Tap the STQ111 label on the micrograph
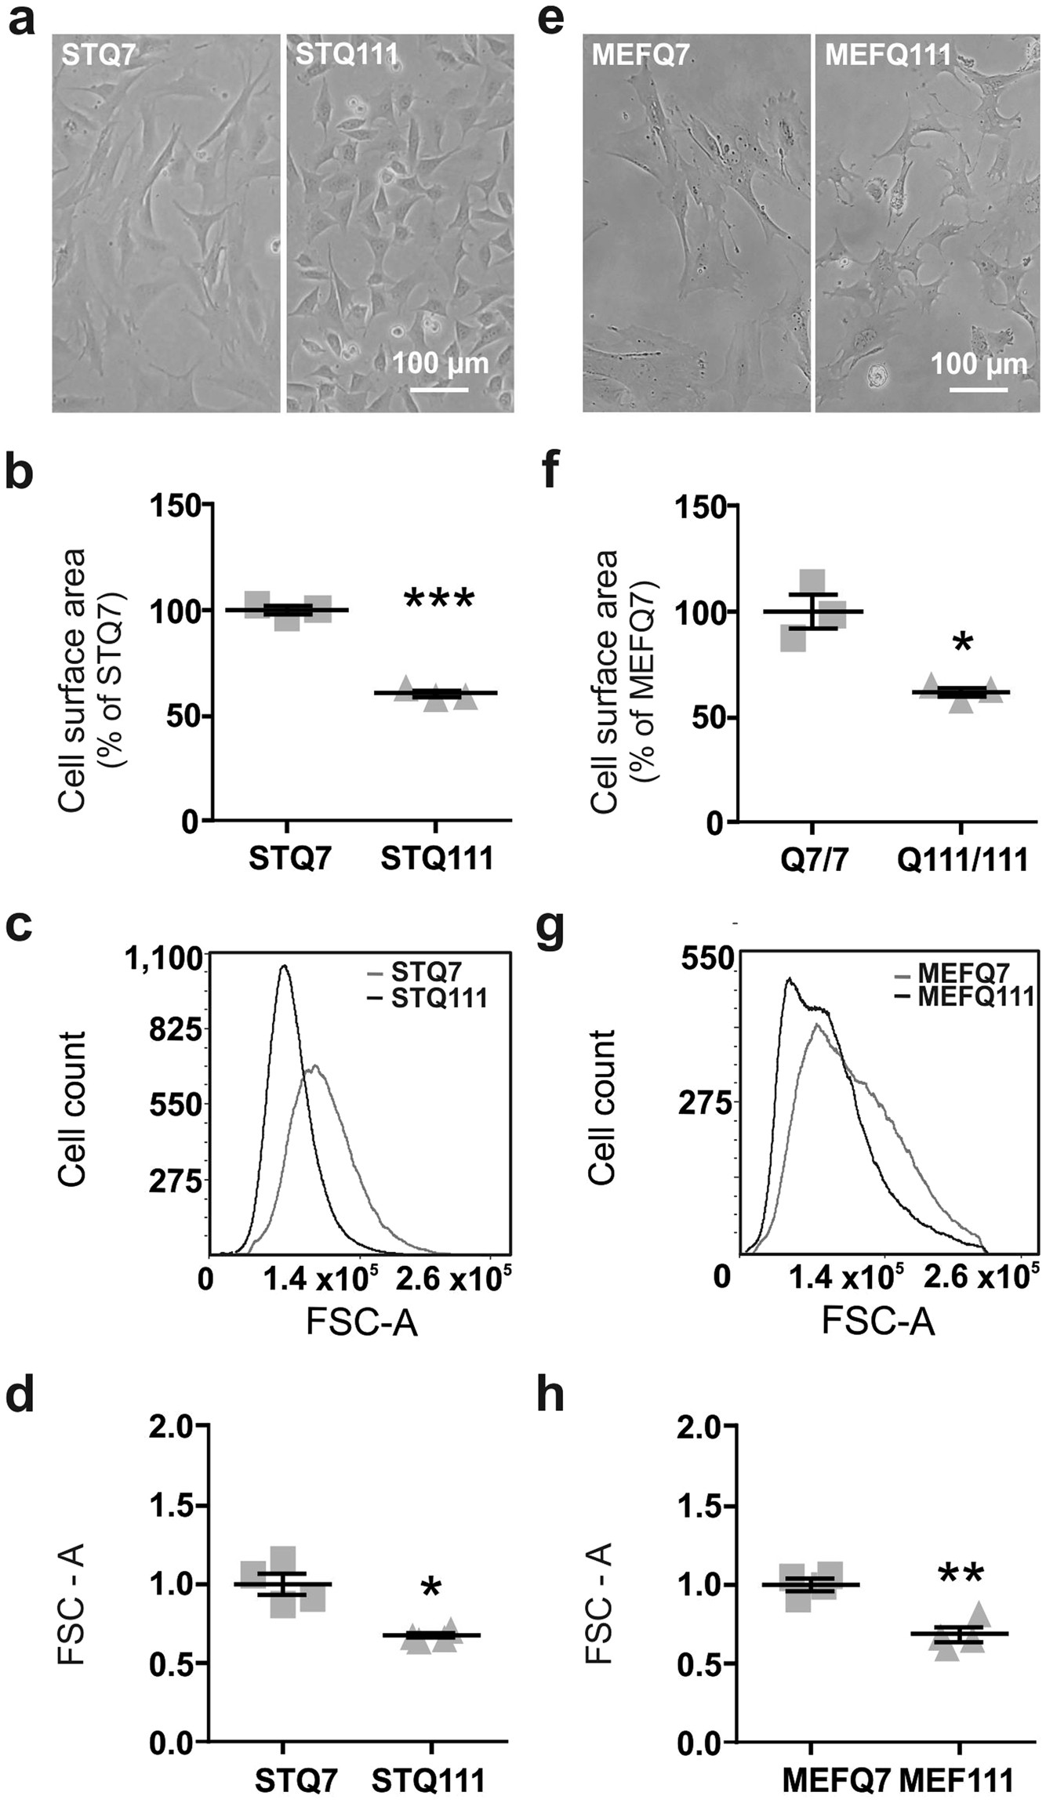click(346, 55)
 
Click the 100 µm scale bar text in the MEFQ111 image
click(978, 364)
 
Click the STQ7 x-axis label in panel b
click(290, 858)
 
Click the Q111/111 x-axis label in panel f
click(962, 860)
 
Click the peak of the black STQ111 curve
click(285, 967)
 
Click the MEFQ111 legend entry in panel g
click(975, 997)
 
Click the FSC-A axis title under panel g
click(878, 1323)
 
